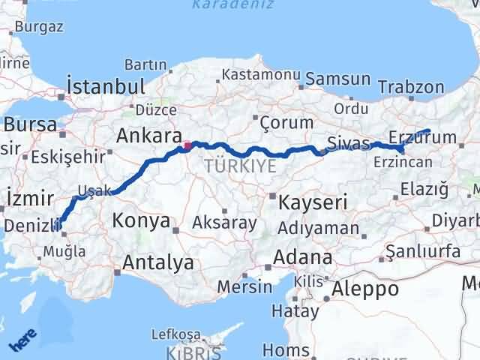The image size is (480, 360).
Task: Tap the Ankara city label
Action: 149,136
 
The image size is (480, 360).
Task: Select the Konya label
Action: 140,220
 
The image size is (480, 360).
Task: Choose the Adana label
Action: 302,257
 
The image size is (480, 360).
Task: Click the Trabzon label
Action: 412,87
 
